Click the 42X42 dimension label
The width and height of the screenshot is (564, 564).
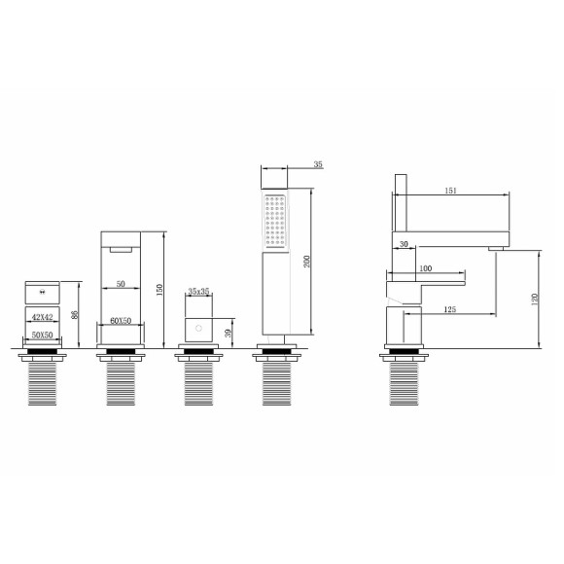pyautogui.click(x=43, y=317)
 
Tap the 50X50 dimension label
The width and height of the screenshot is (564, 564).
pyautogui.click(x=43, y=335)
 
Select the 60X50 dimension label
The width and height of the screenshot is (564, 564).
pyautogui.click(x=121, y=321)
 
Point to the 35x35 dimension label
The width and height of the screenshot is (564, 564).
pyautogui.click(x=199, y=291)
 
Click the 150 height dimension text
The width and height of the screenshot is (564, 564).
pyautogui.click(x=159, y=290)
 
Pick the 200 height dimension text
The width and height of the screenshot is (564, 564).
pyautogui.click(x=306, y=262)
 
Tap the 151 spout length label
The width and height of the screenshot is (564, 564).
pyautogui.click(x=450, y=191)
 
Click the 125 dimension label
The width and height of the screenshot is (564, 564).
pyautogui.click(x=449, y=309)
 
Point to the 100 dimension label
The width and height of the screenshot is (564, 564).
pyautogui.click(x=426, y=268)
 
